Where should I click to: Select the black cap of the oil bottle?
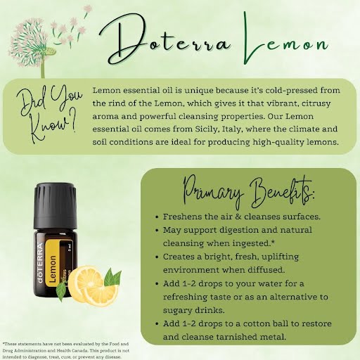click(56, 206)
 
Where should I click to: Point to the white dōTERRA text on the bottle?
click(40, 263)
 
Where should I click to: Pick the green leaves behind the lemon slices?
click(112, 278)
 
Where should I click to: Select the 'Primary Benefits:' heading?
click(248, 192)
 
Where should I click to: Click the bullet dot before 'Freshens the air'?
click(157, 217)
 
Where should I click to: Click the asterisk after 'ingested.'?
click(273, 242)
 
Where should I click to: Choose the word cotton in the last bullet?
click(257, 324)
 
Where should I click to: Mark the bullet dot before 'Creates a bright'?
click(157, 257)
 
